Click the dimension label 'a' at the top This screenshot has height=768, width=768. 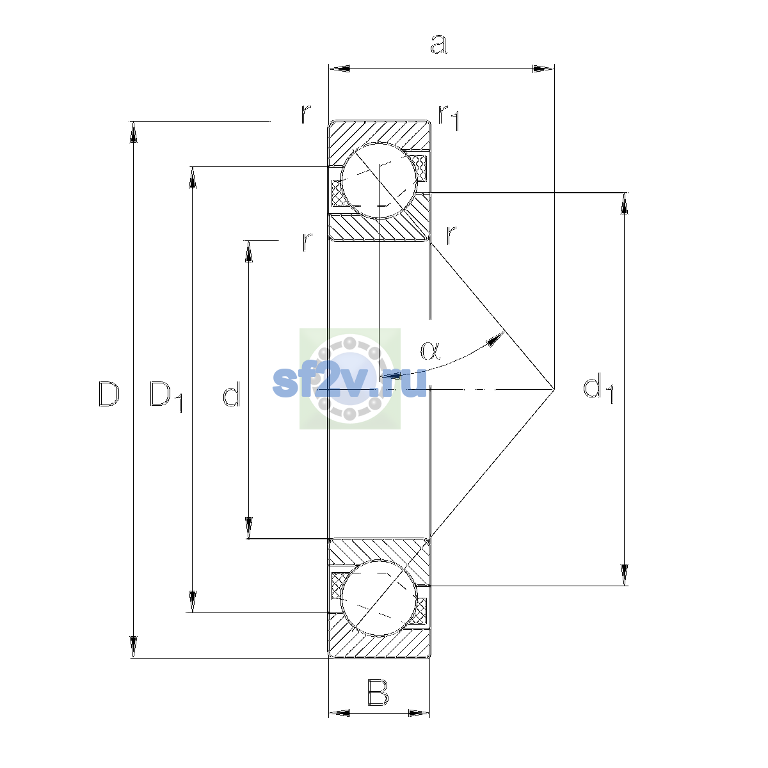(438, 44)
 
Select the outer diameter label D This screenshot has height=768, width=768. (108, 394)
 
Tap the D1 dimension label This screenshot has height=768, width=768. (166, 396)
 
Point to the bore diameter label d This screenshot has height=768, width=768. (231, 394)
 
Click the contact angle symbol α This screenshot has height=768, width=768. (430, 350)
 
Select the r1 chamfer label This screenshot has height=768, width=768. (449, 117)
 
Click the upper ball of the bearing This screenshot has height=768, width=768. (379, 180)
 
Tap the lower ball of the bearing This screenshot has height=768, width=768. (379, 598)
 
